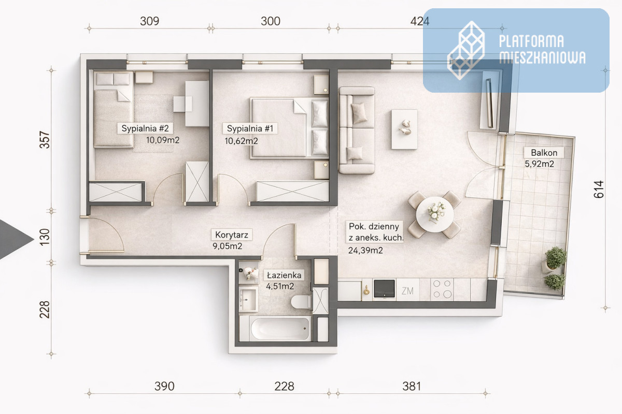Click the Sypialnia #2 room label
click(145, 128)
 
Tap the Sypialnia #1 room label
click(250, 128)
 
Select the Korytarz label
click(232, 235)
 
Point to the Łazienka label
click(284, 275)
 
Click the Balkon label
click(544, 153)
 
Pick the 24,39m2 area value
click(365, 250)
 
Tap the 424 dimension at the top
click(420, 21)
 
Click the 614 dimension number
click(599, 189)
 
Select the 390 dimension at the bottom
click(164, 386)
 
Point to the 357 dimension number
click(45, 140)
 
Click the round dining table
click(435, 214)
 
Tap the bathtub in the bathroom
click(280, 329)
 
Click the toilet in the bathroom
click(301, 302)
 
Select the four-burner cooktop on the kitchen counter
click(442, 289)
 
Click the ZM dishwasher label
click(407, 291)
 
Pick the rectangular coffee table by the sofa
click(404, 129)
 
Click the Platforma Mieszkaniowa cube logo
click(466, 51)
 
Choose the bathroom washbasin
click(248, 300)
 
